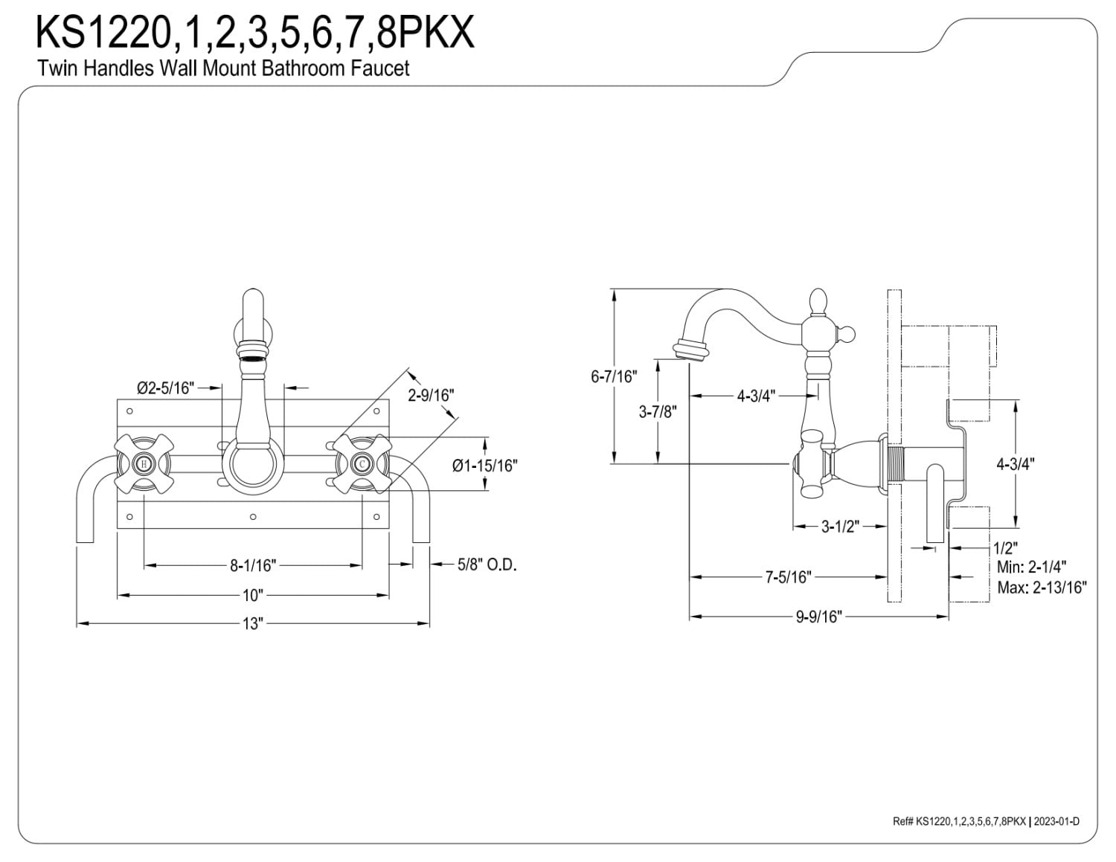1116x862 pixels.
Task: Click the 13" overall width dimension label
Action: point(253,624)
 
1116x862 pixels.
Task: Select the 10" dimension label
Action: point(253,596)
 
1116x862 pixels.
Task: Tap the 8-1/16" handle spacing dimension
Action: point(253,566)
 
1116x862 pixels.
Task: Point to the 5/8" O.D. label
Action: point(487,565)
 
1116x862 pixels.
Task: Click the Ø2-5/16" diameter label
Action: point(165,388)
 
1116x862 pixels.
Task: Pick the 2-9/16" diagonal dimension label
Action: point(431,396)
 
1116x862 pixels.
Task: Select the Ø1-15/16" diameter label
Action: point(484,466)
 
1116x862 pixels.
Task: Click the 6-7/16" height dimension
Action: point(614,377)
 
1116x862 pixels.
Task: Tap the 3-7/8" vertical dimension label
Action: point(658,412)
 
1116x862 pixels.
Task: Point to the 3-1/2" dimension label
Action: point(840,527)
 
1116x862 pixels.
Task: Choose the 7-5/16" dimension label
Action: point(789,577)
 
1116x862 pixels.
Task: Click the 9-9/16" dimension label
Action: point(819,617)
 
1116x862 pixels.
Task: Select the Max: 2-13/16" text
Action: point(1042,588)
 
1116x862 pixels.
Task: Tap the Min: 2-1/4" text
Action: point(1032,567)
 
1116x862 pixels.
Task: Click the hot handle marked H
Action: point(144,464)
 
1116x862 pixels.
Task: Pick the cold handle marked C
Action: point(362,464)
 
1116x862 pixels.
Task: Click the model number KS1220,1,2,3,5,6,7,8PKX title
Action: point(254,32)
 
